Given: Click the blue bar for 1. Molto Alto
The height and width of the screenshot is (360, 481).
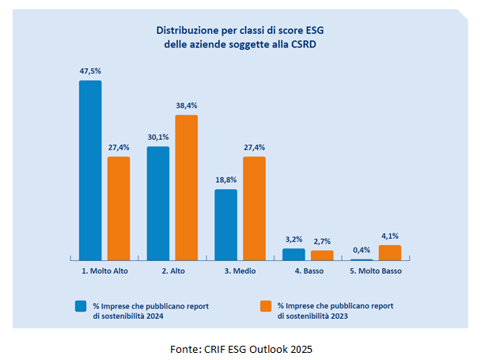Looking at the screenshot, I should tap(90, 170).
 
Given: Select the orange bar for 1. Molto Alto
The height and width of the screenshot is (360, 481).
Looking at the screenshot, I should tap(119, 208).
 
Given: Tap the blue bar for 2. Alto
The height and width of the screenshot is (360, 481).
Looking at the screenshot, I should tap(158, 203).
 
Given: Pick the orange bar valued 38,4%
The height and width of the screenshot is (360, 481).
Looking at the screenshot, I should tap(187, 188).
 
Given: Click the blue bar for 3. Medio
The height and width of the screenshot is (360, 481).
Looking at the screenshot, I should tap(226, 225).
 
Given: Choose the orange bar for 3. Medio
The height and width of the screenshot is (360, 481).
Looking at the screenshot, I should tap(255, 208).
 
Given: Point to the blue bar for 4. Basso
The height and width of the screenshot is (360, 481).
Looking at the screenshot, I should tap(294, 254).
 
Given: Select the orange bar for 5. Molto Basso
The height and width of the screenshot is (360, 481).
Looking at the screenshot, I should tap(390, 252).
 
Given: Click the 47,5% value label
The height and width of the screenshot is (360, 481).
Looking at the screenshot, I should tap(90, 71).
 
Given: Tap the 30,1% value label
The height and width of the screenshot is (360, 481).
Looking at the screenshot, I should tap(158, 138).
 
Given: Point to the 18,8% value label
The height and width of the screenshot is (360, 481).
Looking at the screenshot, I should tap(226, 180).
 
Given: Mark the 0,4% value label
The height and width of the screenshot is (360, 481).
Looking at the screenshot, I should tap(362, 250).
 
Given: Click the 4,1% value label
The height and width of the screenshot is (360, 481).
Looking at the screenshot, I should tap(390, 236).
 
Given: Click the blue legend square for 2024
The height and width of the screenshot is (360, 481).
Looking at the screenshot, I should tap(81, 305).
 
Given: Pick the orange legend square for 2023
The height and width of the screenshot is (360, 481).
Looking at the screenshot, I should tap(265, 305).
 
